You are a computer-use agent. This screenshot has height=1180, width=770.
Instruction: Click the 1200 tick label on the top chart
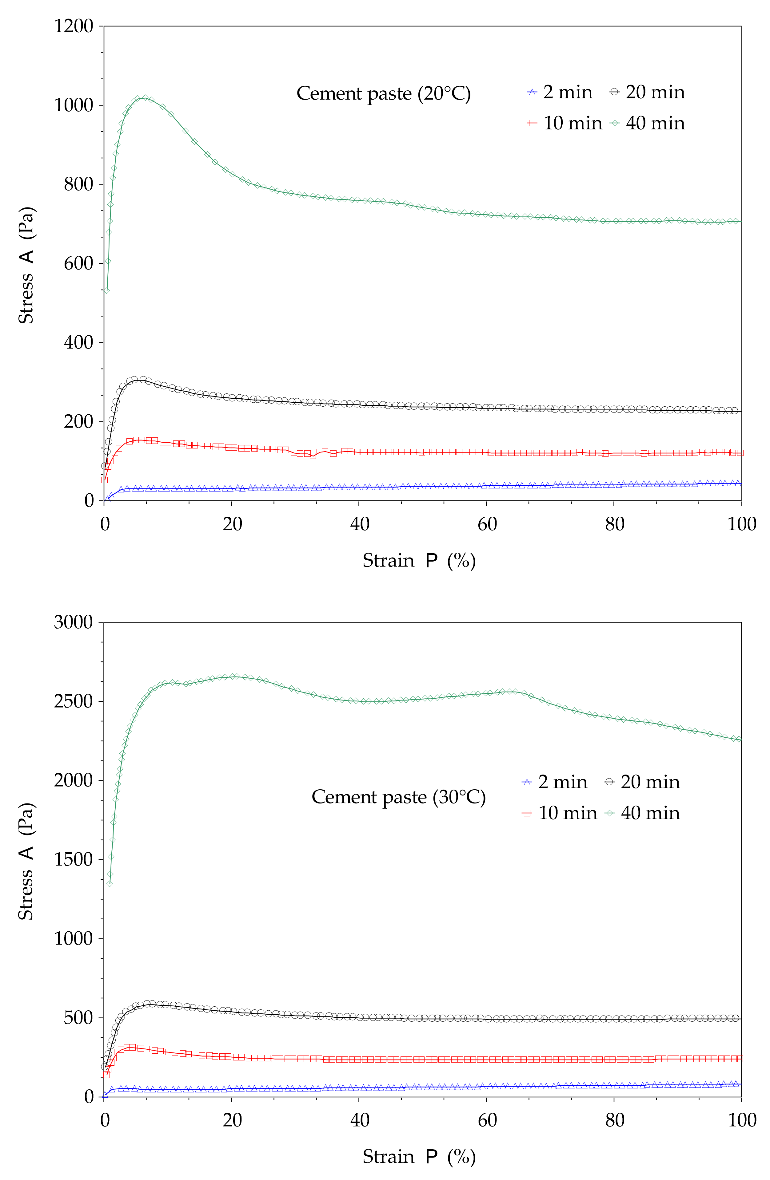coord(74,26)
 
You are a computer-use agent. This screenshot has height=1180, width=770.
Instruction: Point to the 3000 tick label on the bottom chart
coord(74,622)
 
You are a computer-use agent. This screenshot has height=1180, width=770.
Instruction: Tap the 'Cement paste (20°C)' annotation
coord(383,94)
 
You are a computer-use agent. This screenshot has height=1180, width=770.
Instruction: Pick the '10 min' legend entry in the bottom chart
coord(560,813)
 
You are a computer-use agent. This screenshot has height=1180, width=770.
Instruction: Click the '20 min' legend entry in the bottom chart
coord(643,782)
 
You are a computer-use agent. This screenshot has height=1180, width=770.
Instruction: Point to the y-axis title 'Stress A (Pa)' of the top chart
coord(26,265)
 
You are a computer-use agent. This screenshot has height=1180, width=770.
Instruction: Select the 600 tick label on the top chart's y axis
coord(78,263)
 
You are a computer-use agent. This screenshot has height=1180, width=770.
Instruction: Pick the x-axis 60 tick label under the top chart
coord(487,524)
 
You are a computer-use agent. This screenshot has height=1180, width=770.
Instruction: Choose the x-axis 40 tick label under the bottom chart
coord(359,1120)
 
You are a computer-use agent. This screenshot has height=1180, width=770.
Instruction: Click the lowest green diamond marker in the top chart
coord(106,290)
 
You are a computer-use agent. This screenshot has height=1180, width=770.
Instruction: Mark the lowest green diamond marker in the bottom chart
coord(109,883)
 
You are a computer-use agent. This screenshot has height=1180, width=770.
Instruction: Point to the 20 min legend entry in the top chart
coord(648,92)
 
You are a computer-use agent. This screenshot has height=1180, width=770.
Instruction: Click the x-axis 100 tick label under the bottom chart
coord(741,1120)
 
